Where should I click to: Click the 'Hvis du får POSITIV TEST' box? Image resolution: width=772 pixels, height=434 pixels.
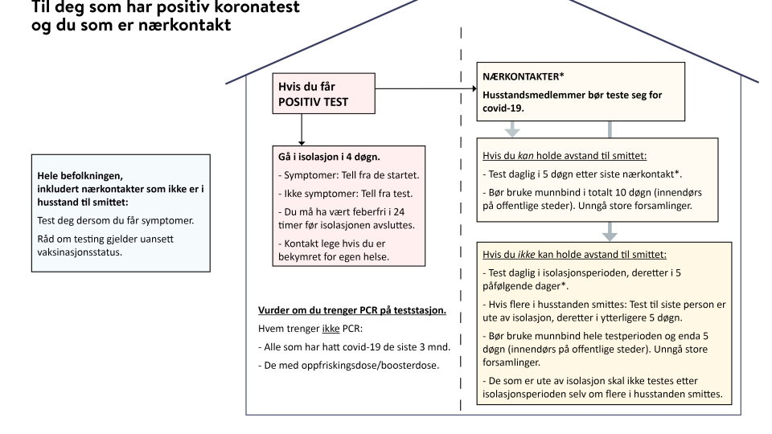point(323,93)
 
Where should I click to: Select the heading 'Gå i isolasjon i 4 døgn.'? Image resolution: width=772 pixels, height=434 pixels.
point(329,157)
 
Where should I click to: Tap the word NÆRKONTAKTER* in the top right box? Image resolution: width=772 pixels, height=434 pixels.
point(524,76)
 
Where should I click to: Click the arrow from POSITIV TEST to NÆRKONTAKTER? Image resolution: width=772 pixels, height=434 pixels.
point(426,88)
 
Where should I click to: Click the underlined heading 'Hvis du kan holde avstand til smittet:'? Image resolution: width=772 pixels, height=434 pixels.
point(565,155)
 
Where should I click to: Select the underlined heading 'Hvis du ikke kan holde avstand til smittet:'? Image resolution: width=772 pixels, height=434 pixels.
point(574,255)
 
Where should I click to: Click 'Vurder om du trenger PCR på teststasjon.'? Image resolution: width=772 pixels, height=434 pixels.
point(352,310)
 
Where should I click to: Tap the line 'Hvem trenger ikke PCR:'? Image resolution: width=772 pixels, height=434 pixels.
point(310,329)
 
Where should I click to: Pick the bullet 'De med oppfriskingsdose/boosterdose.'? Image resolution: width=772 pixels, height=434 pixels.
point(348,365)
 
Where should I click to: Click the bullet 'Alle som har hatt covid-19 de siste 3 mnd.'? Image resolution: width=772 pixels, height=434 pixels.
point(354,347)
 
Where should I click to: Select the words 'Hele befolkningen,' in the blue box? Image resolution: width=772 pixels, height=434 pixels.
point(80,176)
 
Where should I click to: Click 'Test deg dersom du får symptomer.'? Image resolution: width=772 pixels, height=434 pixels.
point(116,220)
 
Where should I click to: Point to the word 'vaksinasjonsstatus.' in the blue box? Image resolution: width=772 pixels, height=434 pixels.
point(80,252)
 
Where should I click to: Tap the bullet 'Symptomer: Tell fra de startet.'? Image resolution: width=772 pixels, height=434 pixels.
point(348,175)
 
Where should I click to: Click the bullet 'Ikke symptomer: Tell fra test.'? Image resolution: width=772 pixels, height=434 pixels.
point(345,194)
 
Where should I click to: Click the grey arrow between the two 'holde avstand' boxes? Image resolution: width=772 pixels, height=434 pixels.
point(610,231)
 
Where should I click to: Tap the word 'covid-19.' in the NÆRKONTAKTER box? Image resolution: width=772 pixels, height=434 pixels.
point(503,108)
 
